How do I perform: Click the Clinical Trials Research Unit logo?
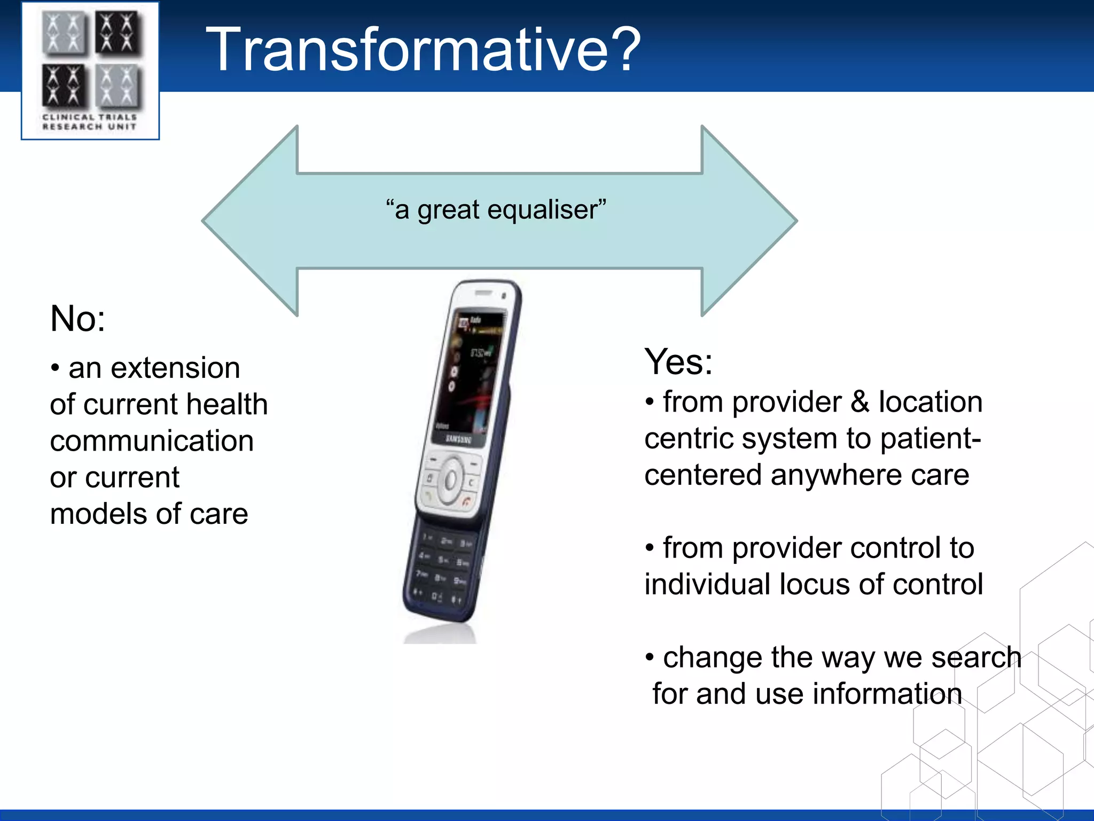click(90, 71)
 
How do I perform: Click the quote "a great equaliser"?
click(496, 210)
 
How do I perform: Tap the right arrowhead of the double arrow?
click(748, 221)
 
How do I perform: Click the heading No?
click(77, 319)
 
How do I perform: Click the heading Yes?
click(678, 362)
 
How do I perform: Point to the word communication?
click(152, 442)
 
